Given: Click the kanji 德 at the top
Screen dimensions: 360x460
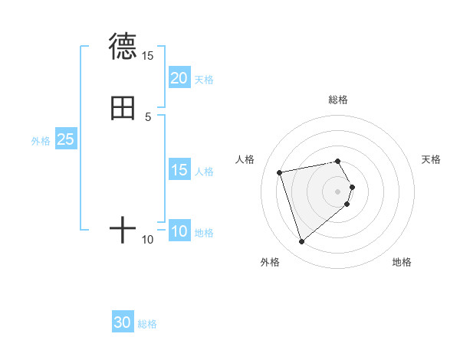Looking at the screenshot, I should (x=123, y=46).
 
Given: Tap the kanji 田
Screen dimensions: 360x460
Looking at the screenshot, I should (x=123, y=108).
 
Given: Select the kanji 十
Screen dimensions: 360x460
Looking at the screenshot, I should (x=123, y=229).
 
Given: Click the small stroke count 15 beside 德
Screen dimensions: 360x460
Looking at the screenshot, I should (x=147, y=56).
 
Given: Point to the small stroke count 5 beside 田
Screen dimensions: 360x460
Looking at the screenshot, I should (x=148, y=116).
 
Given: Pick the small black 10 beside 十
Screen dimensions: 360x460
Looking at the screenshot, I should (x=148, y=240).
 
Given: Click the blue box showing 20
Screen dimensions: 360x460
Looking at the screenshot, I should (x=179, y=77).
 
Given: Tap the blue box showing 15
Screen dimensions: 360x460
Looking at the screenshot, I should (x=179, y=170).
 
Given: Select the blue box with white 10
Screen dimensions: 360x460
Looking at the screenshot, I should (x=179, y=231).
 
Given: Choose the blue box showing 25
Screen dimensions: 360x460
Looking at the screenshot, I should (x=66, y=139).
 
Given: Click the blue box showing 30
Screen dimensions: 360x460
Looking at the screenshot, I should (x=123, y=322).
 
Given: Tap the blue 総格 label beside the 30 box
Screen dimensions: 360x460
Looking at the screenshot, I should (x=147, y=324).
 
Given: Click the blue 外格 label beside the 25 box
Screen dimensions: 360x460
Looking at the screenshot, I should (x=41, y=140).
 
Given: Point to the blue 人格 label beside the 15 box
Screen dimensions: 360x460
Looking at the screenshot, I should (x=204, y=171).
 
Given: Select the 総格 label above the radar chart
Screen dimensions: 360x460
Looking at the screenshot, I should (x=338, y=100).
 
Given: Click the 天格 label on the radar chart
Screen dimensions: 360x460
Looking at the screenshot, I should (x=432, y=159).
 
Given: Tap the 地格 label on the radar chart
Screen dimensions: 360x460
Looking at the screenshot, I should (x=402, y=262).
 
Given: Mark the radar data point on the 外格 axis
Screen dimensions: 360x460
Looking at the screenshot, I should (x=301, y=242).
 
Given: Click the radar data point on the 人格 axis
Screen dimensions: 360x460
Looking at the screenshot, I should (x=280, y=172).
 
